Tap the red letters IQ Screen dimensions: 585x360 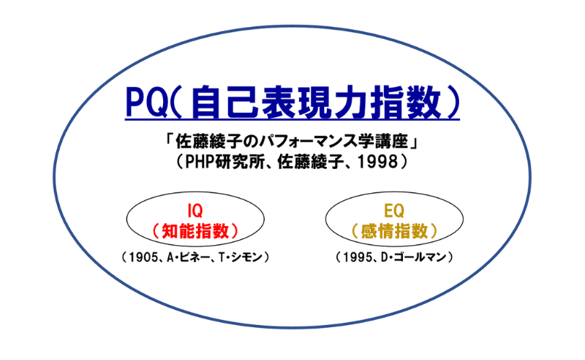click(195, 211)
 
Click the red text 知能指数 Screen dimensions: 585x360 click(195, 231)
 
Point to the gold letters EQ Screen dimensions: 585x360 click(394, 211)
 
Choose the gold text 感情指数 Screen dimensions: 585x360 click(394, 231)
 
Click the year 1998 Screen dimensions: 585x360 click(378, 162)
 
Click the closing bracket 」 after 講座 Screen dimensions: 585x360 click(412, 143)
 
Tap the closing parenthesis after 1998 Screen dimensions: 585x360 click(404, 162)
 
